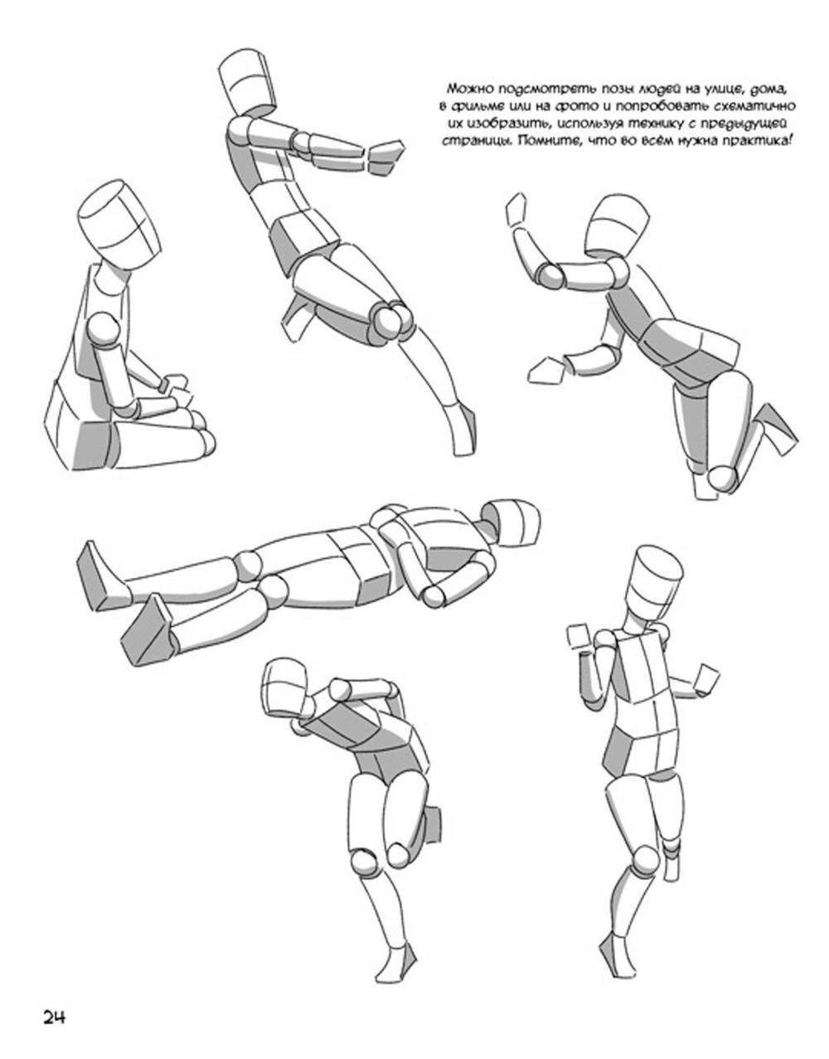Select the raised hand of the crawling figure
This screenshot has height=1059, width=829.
(516, 210)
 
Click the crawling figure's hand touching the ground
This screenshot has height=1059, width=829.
(545, 372)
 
